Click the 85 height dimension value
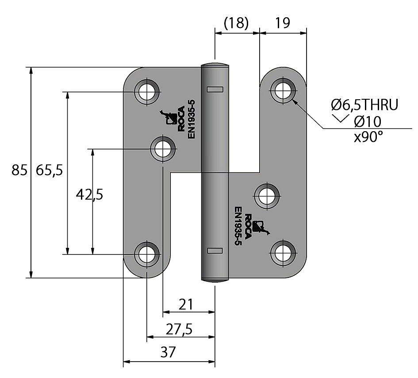[x=19, y=170]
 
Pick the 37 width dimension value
[x=168, y=353]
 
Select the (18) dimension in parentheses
[x=236, y=23]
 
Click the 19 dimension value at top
[x=282, y=23]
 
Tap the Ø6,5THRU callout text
[x=365, y=105]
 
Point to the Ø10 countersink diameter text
[x=368, y=121]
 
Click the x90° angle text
[x=368, y=136]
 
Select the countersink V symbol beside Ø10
[x=340, y=118]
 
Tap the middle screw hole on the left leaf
[x=163, y=148]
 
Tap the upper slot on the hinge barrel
[x=215, y=89]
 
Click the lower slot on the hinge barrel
[x=215, y=250]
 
